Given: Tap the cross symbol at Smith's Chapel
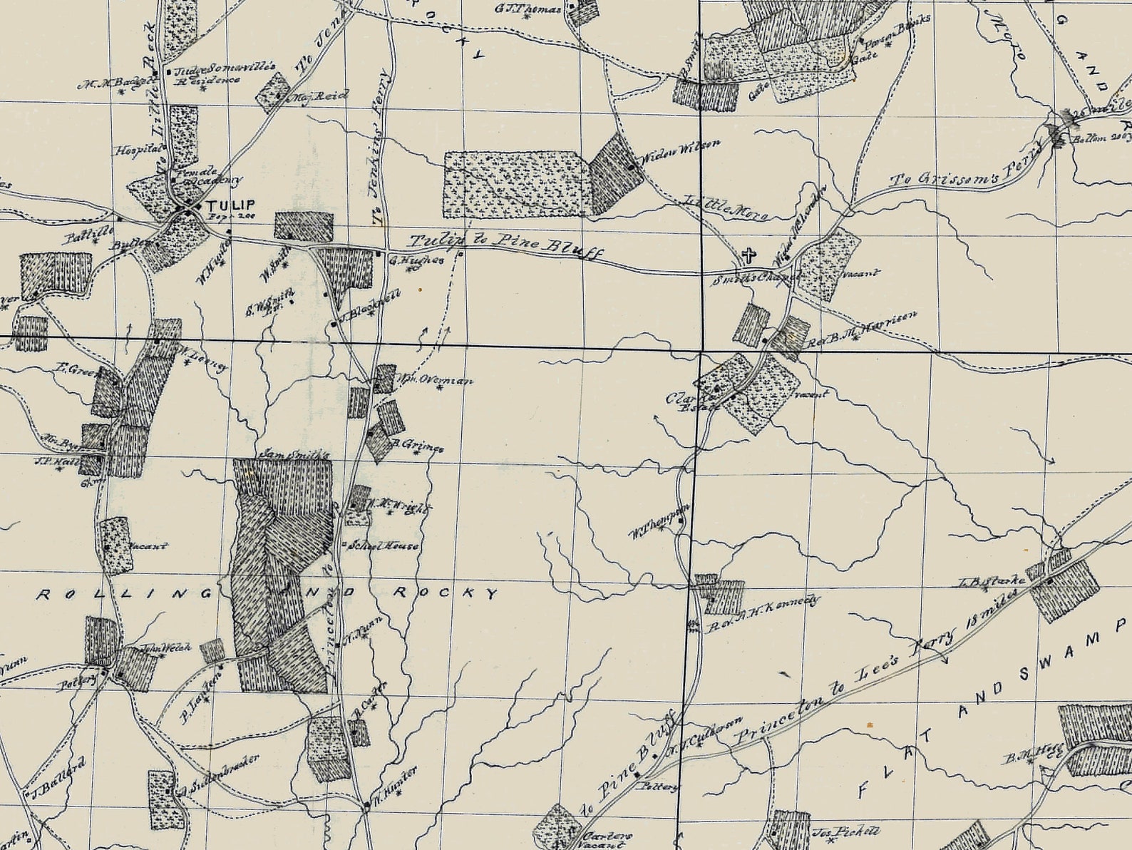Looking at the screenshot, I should [x=748, y=255].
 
